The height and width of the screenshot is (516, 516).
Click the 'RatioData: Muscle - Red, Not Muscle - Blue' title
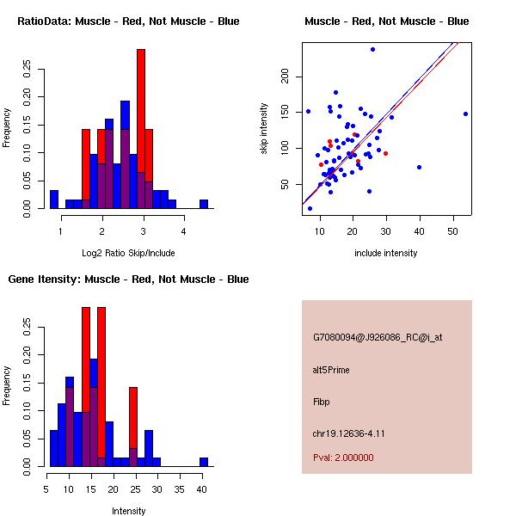tap(129, 21)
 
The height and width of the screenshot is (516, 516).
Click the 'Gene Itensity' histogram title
tap(129, 279)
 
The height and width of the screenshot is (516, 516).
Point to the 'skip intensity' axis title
tap(265, 129)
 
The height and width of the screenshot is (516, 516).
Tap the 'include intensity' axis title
tap(386, 253)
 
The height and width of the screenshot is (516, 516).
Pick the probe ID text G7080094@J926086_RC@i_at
tap(378, 338)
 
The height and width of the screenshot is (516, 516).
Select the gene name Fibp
tap(322, 401)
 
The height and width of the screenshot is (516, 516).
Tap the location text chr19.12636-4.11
tap(348, 433)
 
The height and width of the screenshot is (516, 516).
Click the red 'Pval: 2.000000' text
tap(343, 458)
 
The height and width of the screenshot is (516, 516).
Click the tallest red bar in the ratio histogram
tap(140, 129)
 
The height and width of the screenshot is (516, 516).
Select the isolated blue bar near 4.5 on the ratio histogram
tap(204, 204)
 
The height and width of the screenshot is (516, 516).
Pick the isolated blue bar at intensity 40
tap(204, 462)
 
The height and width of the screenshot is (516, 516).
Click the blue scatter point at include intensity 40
tap(419, 167)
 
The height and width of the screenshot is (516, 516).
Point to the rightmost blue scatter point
tap(465, 114)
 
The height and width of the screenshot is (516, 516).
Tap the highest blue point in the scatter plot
tap(372, 49)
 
